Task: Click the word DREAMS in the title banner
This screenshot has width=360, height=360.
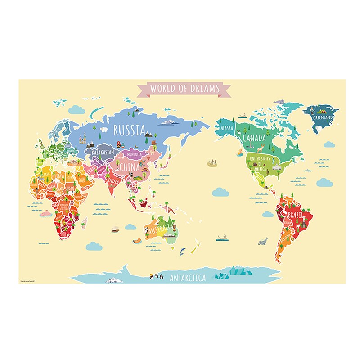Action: [202, 88]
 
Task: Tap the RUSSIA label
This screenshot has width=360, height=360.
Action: [130, 130]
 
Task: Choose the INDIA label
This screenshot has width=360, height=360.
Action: [113, 181]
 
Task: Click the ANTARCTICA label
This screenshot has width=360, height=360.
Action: [187, 278]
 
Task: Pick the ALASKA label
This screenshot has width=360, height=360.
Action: [227, 128]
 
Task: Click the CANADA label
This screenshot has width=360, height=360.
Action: [255, 138]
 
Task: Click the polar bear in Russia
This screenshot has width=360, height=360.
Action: [103, 130]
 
